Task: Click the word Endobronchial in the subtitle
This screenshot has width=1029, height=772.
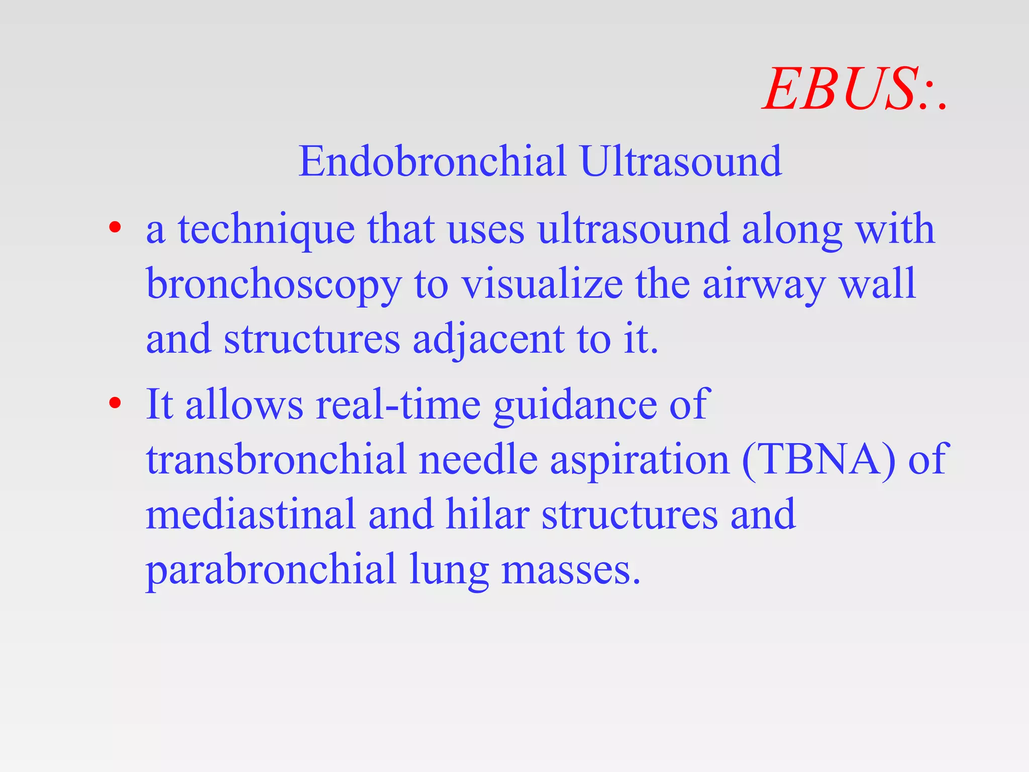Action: tap(432, 161)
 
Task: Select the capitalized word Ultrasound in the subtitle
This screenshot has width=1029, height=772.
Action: tap(681, 161)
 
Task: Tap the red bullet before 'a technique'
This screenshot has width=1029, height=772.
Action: tap(115, 228)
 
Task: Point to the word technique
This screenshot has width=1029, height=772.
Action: tap(266, 230)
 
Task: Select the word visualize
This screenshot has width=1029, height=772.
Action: tap(542, 284)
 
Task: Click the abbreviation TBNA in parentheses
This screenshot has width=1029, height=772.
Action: tap(818, 460)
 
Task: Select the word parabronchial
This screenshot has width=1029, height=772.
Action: tap(271, 570)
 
